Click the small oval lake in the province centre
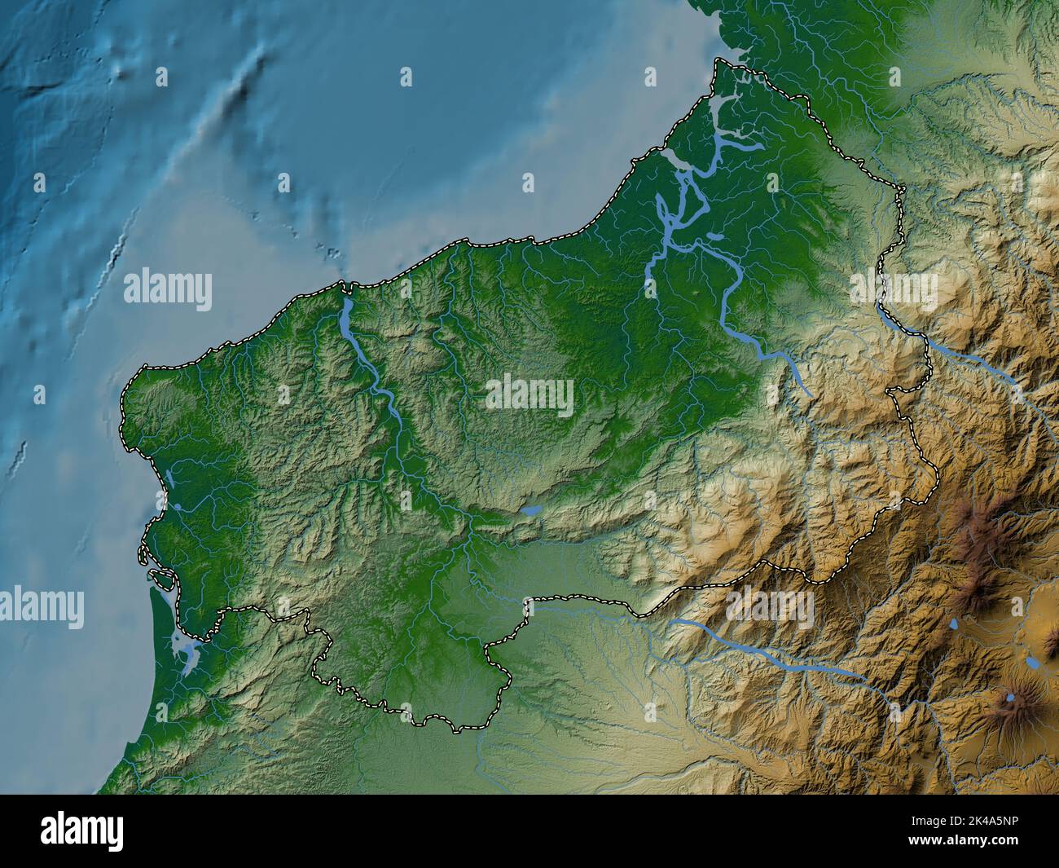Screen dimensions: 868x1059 click(531, 511)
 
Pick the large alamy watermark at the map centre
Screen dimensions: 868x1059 click(529, 395)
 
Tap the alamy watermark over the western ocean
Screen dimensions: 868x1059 click(168, 290)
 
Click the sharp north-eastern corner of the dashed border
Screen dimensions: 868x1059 click(903, 189)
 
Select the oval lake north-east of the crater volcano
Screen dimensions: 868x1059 click(1033, 663)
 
